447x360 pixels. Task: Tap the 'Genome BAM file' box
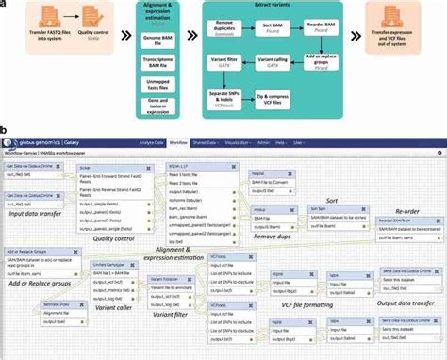tap(148, 43)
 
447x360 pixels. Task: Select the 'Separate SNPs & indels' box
tap(218, 98)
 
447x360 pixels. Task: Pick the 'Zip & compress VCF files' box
tap(272, 98)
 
